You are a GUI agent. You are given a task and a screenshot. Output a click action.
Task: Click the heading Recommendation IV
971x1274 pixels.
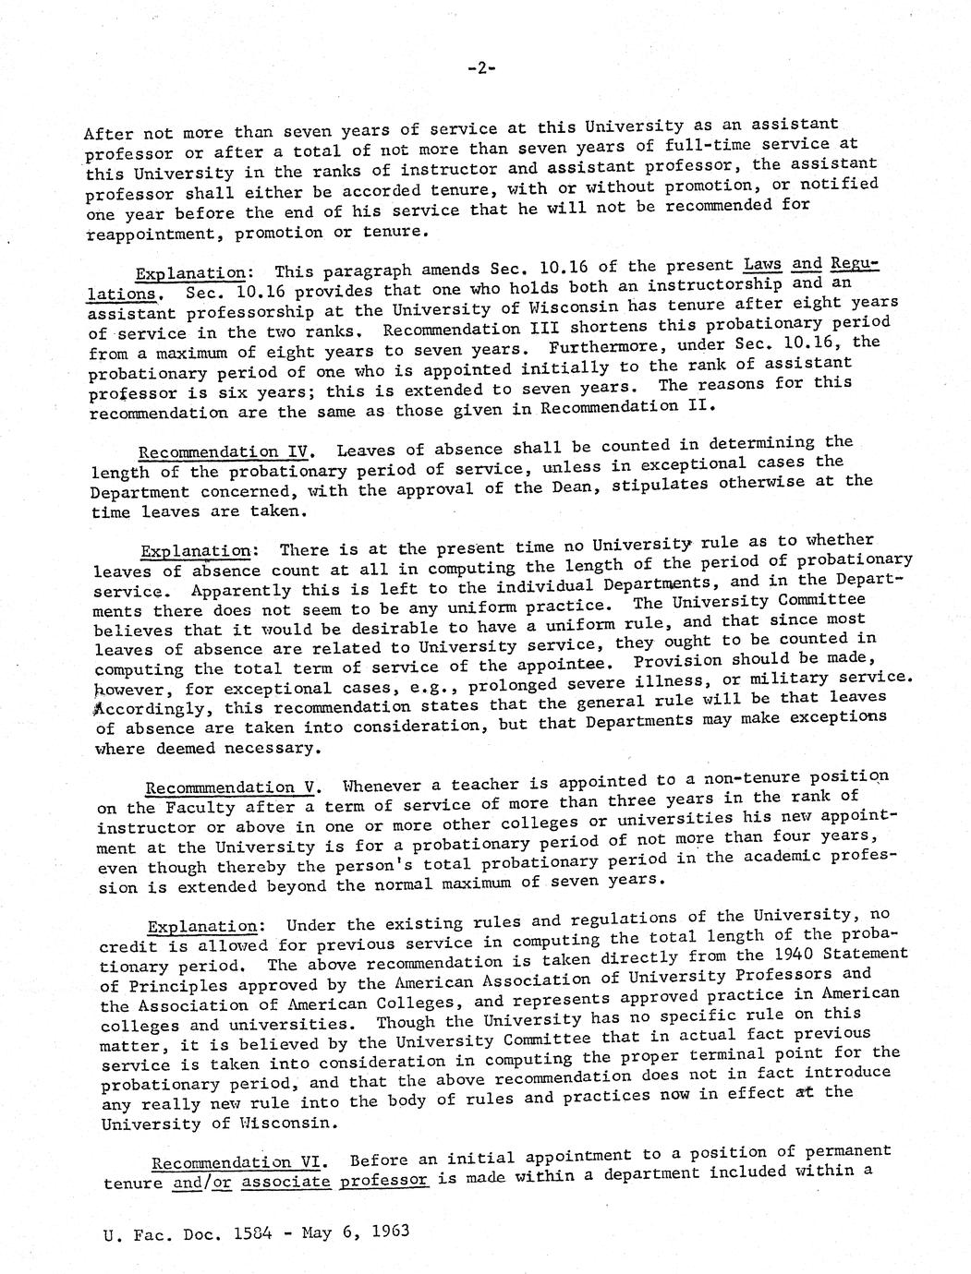[222, 451]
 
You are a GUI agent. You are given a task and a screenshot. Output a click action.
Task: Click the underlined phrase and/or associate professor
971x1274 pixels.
[301, 1181]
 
